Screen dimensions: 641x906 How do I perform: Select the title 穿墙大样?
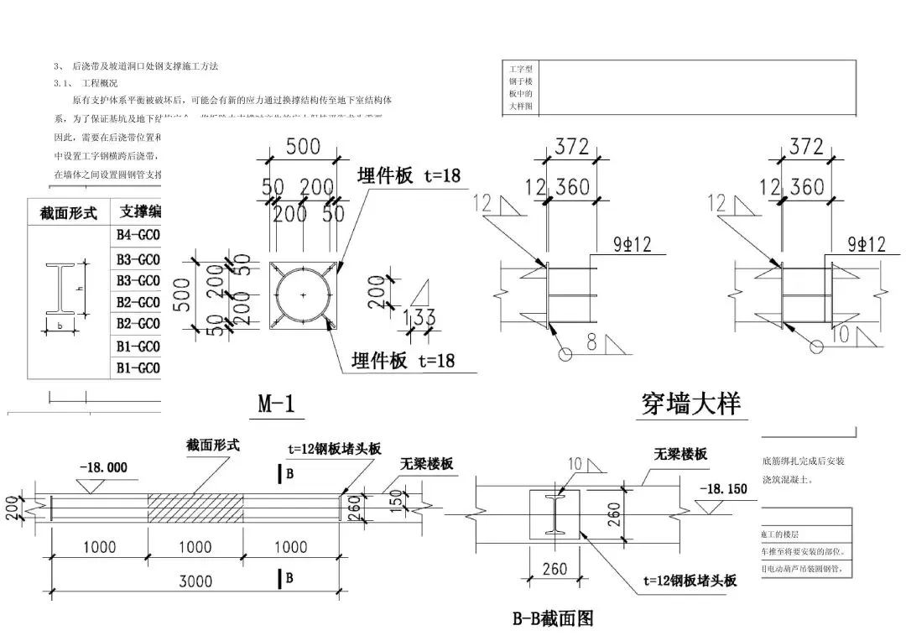pyautogui.click(x=690, y=404)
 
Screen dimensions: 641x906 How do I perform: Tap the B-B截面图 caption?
pyautogui.click(x=553, y=619)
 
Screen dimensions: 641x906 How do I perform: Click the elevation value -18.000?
pyautogui.click(x=103, y=467)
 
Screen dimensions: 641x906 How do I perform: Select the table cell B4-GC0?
pyautogui.click(x=138, y=236)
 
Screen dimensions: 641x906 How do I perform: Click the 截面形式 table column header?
pyautogui.click(x=69, y=213)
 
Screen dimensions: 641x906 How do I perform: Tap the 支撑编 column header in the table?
pyautogui.click(x=139, y=211)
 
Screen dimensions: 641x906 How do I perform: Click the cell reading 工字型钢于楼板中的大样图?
pyautogui.click(x=521, y=86)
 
